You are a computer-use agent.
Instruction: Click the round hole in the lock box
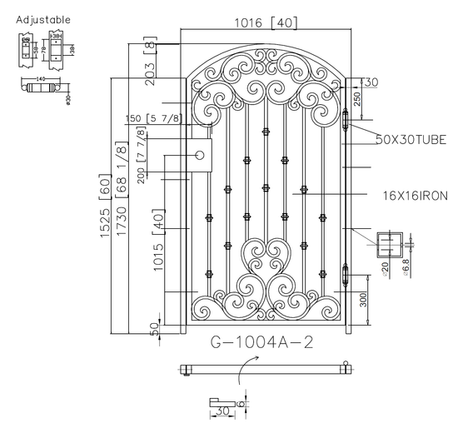click(200, 154)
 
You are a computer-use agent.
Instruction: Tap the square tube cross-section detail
click(389, 246)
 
